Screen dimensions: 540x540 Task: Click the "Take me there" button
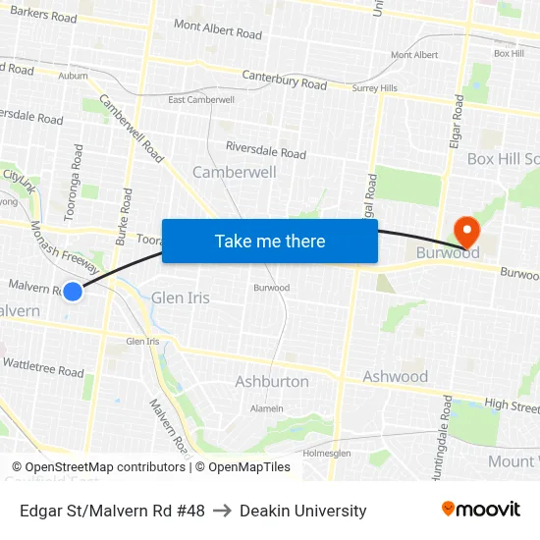tap(270, 242)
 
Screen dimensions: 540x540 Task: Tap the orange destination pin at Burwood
tap(464, 232)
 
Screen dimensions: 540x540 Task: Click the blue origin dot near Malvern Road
tap(72, 291)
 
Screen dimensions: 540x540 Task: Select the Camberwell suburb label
tap(234, 172)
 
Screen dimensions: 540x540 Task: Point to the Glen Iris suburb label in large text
tap(180, 297)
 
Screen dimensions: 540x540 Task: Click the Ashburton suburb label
tap(271, 381)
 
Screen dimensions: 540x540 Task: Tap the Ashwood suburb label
tap(395, 376)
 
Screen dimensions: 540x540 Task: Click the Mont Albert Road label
tap(217, 28)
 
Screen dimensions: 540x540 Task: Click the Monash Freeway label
tap(64, 247)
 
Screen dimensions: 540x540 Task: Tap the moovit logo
tap(480, 510)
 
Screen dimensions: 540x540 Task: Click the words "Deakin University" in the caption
tap(302, 511)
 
